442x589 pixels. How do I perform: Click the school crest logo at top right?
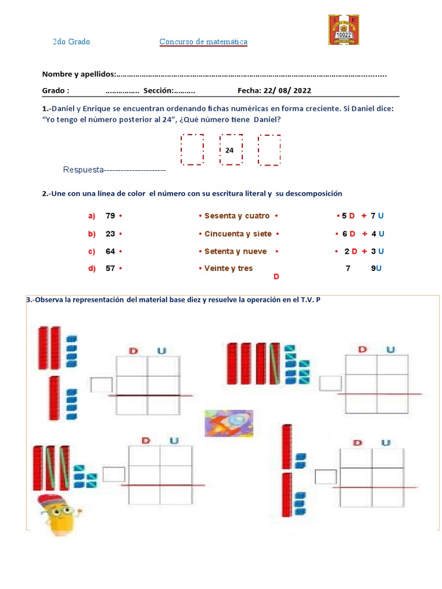[343, 30]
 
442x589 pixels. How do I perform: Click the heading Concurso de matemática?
[203, 42]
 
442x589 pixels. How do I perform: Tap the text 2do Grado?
[71, 42]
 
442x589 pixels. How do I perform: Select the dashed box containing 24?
[230, 150]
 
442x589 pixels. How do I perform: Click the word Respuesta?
[83, 170]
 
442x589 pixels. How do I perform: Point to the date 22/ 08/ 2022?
[287, 90]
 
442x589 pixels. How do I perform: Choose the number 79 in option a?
[110, 216]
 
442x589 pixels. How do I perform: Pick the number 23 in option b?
[110, 234]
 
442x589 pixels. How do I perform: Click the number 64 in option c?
[110, 251]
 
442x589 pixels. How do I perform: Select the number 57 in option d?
[110, 268]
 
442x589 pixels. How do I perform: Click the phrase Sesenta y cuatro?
[237, 216]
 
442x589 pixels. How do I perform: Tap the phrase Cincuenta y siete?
[238, 234]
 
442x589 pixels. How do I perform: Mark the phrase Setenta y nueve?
[235, 251]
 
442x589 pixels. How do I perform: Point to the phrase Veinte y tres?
[228, 268]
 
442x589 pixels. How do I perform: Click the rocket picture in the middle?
[228, 423]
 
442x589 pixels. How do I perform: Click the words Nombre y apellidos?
[79, 74]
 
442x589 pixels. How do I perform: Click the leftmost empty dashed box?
[192, 150]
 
